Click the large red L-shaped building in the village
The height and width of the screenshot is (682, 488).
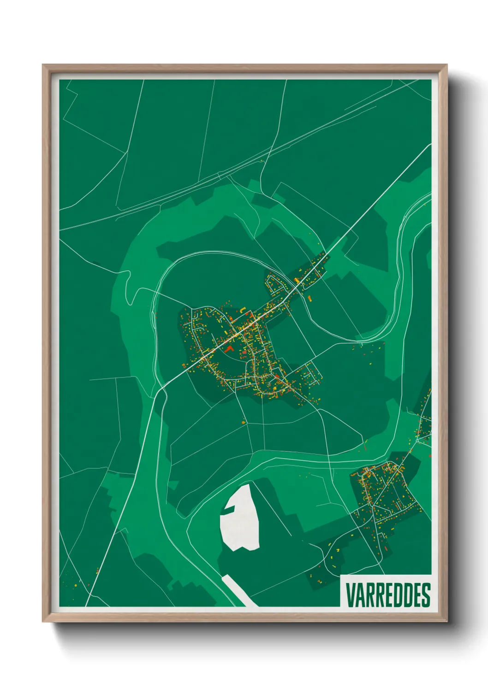coord(229,349)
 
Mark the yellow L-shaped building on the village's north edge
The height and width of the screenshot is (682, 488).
coord(241,309)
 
